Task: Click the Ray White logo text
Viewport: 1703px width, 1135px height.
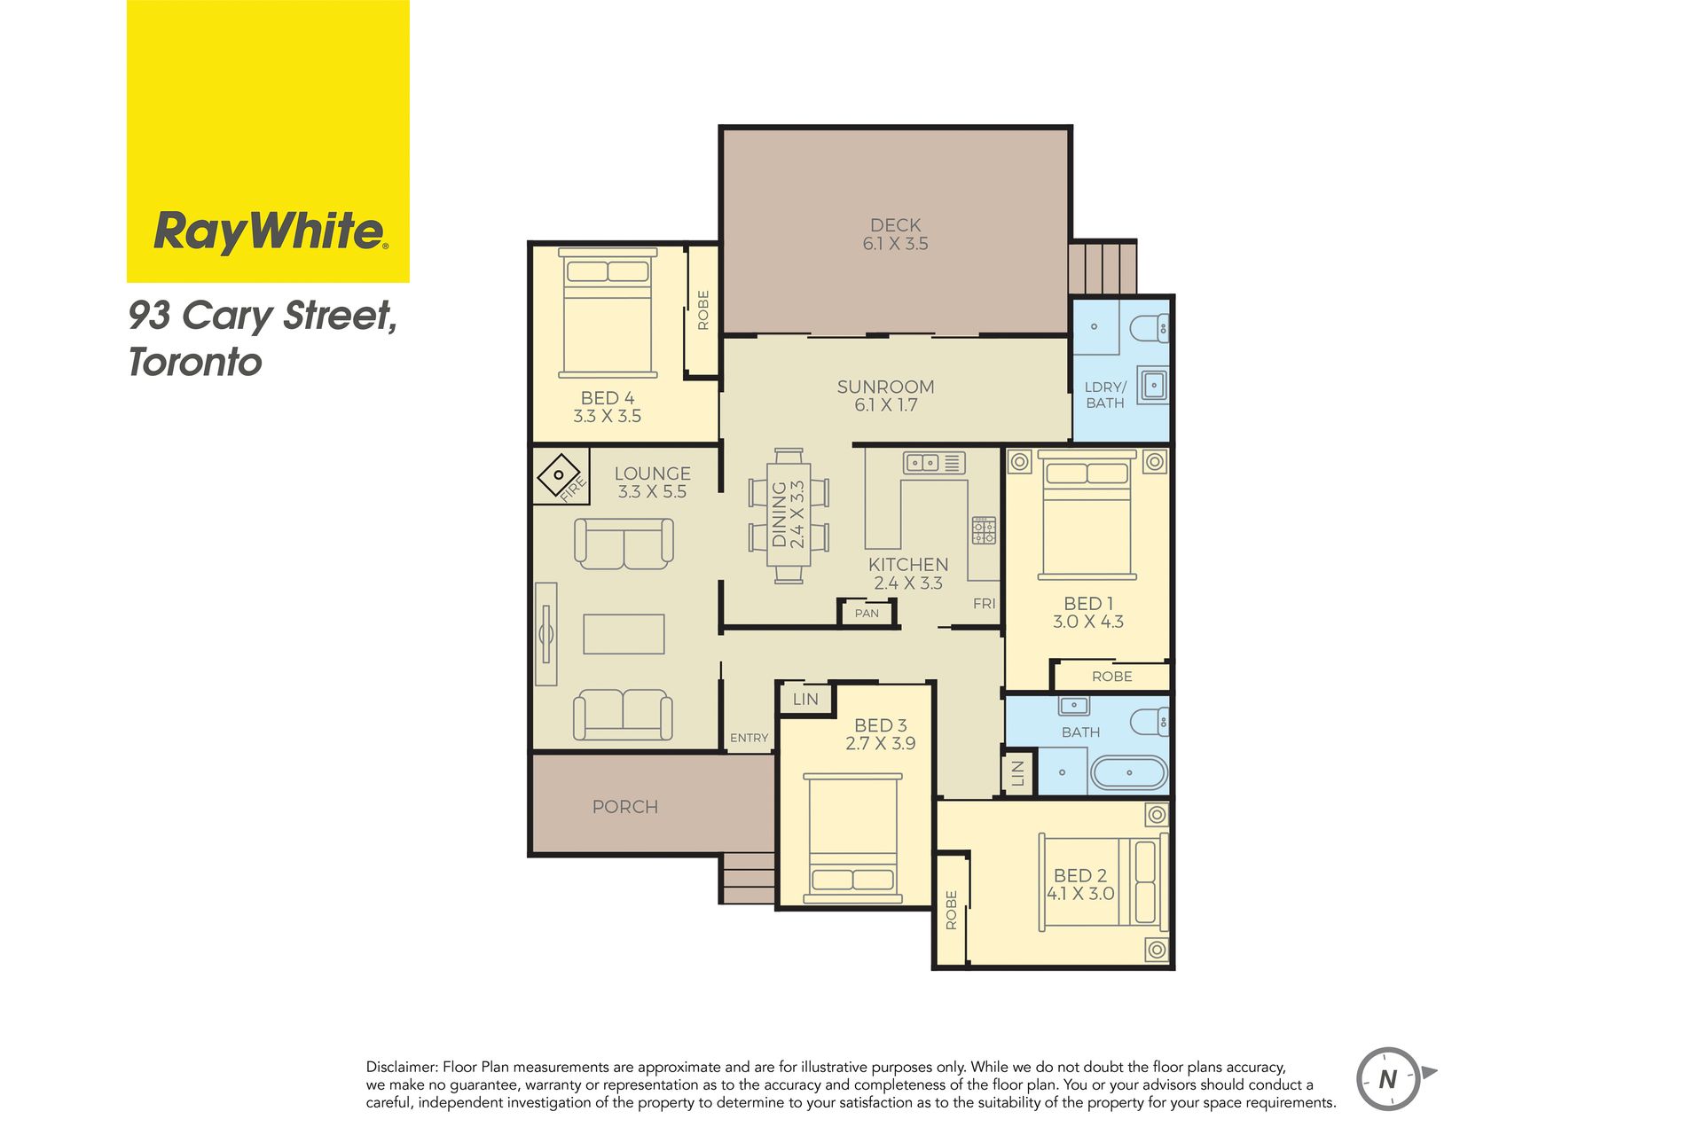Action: pyautogui.click(x=271, y=231)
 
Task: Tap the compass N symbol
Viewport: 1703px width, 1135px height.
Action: pyautogui.click(x=1389, y=1079)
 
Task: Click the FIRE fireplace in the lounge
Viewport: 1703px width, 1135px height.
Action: pyautogui.click(x=561, y=476)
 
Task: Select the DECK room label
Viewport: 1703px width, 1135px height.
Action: pyautogui.click(x=896, y=225)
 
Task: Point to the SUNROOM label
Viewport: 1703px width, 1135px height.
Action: pyautogui.click(x=886, y=387)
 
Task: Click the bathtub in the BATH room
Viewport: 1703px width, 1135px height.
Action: pyautogui.click(x=1128, y=772)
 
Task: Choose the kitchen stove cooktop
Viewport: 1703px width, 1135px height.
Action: pyautogui.click(x=984, y=530)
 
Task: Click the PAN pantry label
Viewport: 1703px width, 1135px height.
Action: pyautogui.click(x=867, y=613)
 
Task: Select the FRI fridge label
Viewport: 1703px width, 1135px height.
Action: pyautogui.click(x=985, y=604)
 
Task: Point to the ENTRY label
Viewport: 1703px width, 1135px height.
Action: pyautogui.click(x=749, y=738)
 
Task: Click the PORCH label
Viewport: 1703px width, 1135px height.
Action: pyautogui.click(x=625, y=807)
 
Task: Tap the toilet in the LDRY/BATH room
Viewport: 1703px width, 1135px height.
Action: pyautogui.click(x=1150, y=328)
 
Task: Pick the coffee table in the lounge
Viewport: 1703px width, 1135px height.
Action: pyautogui.click(x=624, y=634)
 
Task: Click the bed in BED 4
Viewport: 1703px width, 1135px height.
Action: pyautogui.click(x=608, y=313)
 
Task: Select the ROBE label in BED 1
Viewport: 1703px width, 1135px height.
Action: pyautogui.click(x=1112, y=677)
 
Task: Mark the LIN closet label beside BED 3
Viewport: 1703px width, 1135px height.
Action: pyautogui.click(x=805, y=699)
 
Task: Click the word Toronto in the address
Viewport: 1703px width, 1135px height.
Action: pyautogui.click(x=195, y=362)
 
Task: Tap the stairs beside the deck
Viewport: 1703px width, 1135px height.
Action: pyautogui.click(x=1103, y=267)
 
